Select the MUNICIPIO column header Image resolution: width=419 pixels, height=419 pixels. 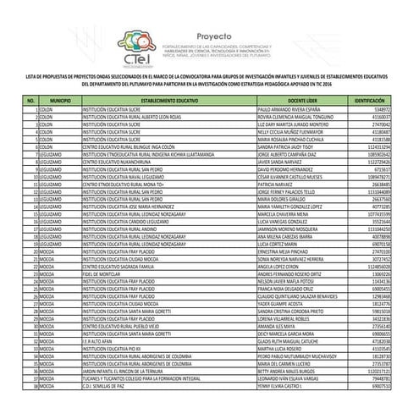(x=59, y=100)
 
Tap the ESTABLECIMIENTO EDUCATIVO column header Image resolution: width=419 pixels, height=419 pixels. (x=168, y=100)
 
